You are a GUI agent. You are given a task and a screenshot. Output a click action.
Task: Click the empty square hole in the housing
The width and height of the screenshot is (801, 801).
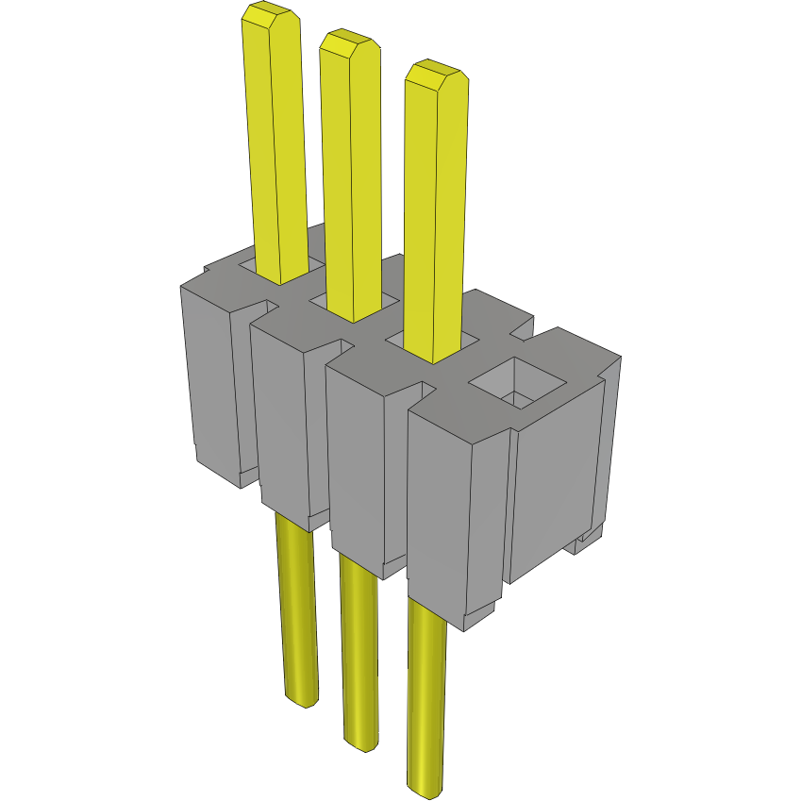(x=517, y=384)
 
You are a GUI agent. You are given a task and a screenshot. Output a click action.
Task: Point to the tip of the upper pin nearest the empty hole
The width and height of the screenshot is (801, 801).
(x=436, y=74)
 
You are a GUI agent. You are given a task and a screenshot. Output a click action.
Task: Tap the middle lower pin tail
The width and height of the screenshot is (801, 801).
(x=359, y=651)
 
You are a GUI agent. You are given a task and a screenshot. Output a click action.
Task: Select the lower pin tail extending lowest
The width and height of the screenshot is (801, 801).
(x=426, y=698)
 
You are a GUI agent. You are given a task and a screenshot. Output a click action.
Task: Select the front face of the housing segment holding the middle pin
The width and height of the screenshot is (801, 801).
(x=278, y=425)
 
